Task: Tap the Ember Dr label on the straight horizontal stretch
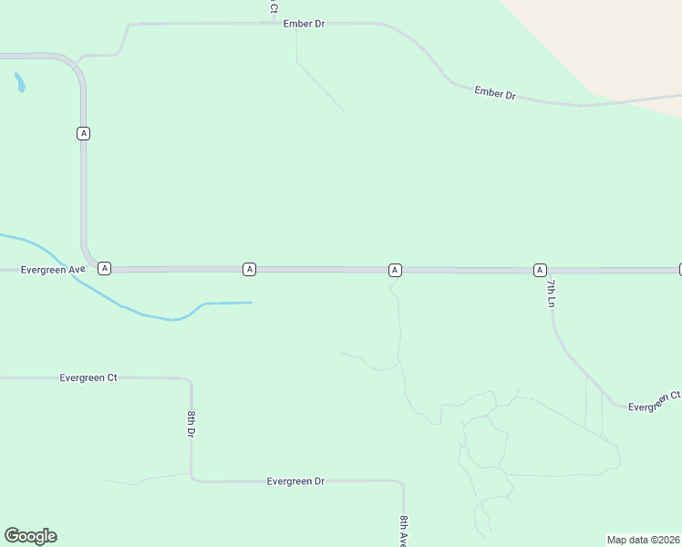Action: [x=305, y=24]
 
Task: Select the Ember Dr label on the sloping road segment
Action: [x=495, y=93]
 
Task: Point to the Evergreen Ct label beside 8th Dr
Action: [x=88, y=377]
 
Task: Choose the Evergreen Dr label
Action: [x=295, y=480]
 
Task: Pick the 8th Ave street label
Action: [x=403, y=530]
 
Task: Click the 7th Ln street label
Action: [x=551, y=293]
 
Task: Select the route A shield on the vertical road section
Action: [x=84, y=133]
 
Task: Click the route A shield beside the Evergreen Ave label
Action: [x=105, y=268]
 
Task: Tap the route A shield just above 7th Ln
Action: [x=541, y=270]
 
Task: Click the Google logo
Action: [x=30, y=536]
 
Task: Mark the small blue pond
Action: [x=19, y=83]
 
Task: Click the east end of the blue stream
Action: [x=250, y=303]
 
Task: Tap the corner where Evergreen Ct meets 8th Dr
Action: [x=189, y=379]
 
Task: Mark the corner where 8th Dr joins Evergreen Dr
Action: [x=191, y=479]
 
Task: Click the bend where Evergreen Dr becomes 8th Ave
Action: [x=401, y=482]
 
